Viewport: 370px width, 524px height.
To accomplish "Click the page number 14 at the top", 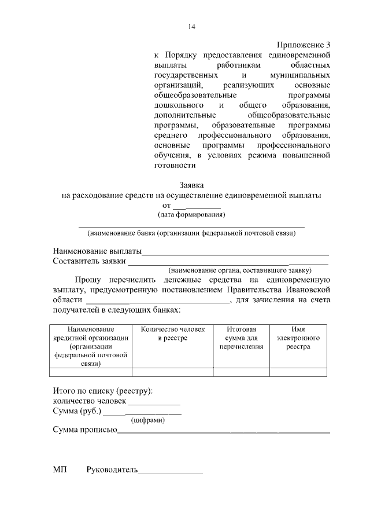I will (192, 27).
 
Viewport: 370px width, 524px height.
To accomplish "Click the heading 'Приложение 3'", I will (303, 45).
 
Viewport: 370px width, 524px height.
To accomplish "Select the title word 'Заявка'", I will (191, 185).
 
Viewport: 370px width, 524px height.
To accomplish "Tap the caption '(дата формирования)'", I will (191, 215).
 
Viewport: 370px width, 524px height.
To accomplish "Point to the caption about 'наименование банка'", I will (191, 234).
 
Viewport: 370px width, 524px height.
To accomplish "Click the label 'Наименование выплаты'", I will (97, 251).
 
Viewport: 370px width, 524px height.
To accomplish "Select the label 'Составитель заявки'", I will (90, 261).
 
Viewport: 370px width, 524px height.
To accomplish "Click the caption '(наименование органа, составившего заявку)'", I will (240, 270).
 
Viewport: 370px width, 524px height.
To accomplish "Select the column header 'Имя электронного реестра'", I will (298, 338).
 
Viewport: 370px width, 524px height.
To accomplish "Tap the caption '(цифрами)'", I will (148, 420).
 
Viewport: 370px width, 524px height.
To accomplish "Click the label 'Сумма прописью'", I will (85, 430).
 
